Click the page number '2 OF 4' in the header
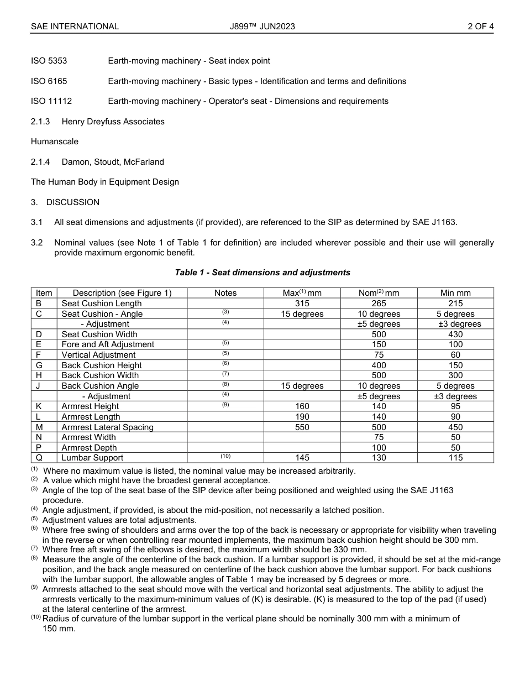point(480,26)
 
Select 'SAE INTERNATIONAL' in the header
point(75,26)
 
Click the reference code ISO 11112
point(51,101)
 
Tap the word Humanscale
point(55,142)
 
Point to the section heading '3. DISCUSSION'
point(65,202)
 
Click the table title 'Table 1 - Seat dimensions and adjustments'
point(262,273)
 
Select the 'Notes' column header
point(225,293)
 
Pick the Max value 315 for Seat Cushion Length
point(302,304)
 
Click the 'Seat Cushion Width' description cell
point(99,334)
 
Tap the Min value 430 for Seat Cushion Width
point(455,334)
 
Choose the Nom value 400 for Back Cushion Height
point(379,365)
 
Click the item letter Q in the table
point(39,458)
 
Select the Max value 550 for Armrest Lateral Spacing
point(302,427)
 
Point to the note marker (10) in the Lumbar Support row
point(225,457)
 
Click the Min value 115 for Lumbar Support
point(455,458)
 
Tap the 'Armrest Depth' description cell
point(89,448)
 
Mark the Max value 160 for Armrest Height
point(302,406)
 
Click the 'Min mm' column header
point(455,293)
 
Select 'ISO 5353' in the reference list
point(49,61)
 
